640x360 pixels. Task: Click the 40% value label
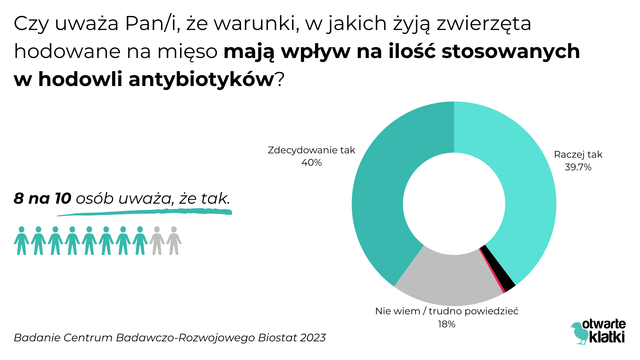[311, 163]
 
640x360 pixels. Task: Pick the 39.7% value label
[578, 167]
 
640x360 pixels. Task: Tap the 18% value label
[446, 324]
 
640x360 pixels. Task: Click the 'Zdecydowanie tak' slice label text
[311, 150]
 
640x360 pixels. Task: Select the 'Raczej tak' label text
[578, 155]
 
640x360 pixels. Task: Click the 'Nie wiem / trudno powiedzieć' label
[447, 311]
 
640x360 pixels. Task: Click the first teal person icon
[22, 241]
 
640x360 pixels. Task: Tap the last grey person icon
[174, 241]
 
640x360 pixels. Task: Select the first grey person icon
[157, 241]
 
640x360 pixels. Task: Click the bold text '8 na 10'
[42, 199]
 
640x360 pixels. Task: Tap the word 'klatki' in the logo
[607, 337]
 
